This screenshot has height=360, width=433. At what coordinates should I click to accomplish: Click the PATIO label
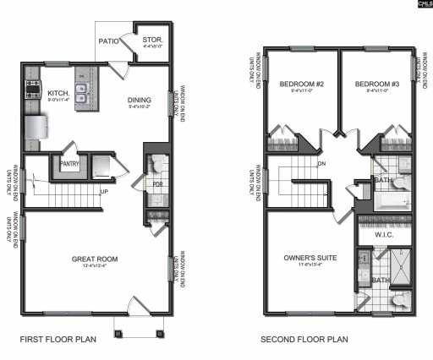click(x=107, y=40)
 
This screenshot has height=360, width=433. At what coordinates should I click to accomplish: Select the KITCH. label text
click(x=58, y=93)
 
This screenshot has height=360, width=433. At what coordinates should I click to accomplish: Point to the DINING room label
click(x=140, y=99)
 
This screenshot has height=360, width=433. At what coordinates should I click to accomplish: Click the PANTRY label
click(x=69, y=166)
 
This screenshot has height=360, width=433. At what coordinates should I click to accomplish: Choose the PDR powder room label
click(x=156, y=184)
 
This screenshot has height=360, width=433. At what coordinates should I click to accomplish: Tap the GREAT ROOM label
click(x=95, y=259)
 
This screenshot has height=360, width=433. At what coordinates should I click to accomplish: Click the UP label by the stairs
click(x=103, y=192)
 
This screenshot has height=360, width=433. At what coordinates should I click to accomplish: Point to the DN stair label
click(x=322, y=163)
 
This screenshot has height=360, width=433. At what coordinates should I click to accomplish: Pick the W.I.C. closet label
click(x=386, y=236)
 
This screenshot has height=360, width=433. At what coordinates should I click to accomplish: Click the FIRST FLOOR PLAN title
click(x=58, y=340)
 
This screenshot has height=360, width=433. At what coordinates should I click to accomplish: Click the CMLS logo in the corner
click(x=422, y=5)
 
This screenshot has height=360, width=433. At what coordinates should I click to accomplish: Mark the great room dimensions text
click(x=95, y=268)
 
